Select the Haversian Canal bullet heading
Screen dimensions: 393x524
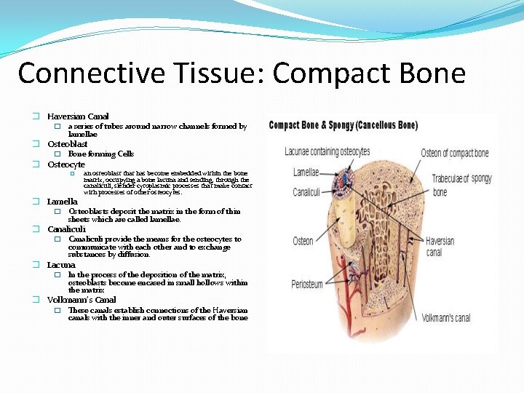point(78,116)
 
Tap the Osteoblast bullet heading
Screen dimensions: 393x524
point(68,144)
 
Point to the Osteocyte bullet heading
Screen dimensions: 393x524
point(66,164)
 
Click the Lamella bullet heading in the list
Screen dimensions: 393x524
point(63,202)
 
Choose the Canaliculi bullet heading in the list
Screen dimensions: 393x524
point(67,229)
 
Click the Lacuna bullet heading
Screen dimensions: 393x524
point(62,266)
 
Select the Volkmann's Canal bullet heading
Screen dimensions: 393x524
point(82,300)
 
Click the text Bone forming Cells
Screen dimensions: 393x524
point(101,154)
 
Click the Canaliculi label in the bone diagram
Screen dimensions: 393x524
point(307,193)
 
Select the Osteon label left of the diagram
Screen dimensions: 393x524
point(303,241)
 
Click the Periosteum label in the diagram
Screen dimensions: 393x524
point(307,284)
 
